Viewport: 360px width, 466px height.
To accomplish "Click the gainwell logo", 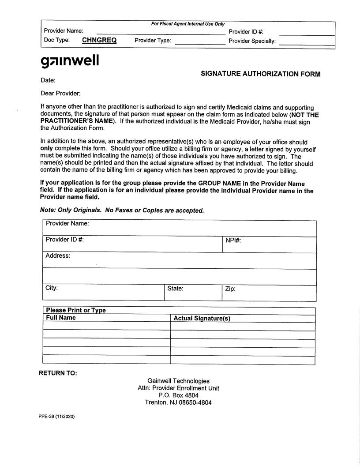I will coord(70,61).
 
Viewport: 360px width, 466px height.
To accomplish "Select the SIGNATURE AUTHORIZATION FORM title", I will coord(260,74).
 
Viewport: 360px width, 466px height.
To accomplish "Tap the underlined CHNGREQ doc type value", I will coord(99,40).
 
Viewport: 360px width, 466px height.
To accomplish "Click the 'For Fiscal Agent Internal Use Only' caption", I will coord(188,24).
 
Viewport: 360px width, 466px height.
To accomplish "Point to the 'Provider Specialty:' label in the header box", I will coord(252,41).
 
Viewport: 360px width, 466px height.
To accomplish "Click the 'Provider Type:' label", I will coord(153,41).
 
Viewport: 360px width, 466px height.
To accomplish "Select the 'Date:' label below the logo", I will coord(48,80).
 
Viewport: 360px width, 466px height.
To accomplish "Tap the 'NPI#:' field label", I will coord(233,241).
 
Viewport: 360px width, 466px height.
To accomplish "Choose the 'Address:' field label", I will coord(58,256).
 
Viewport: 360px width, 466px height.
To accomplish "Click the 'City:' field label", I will coord(52,288).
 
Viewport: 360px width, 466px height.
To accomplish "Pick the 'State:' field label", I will coord(175,289).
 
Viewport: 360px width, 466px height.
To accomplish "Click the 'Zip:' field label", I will coord(230,289).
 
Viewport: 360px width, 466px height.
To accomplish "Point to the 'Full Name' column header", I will coord(61,318).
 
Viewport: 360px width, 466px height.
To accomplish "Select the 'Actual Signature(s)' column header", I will coord(202,318).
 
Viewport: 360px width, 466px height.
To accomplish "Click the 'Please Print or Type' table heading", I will coord(76,310).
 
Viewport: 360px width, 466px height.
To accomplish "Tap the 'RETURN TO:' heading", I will coord(58,373).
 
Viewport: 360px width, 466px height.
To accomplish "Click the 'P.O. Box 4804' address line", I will coord(178,395).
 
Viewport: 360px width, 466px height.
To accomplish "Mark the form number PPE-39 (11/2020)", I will coord(56,417).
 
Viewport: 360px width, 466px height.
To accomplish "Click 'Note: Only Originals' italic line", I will coord(122,210).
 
